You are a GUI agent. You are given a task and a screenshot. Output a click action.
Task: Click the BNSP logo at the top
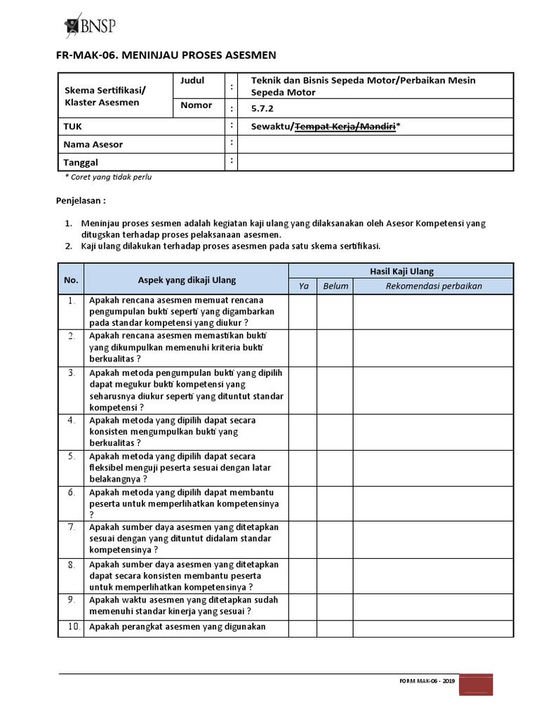point(89,25)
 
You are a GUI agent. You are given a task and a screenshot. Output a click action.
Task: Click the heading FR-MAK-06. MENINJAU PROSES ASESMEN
point(166,55)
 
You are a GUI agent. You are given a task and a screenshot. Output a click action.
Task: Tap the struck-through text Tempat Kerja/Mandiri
point(344,126)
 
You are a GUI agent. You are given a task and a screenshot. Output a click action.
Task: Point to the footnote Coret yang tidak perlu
point(108,177)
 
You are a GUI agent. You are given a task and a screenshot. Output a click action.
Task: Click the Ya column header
point(303,286)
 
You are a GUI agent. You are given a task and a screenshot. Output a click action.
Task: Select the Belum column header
point(335,286)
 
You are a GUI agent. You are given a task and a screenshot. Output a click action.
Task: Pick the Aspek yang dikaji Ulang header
point(187,279)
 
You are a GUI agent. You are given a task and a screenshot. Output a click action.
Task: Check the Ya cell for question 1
point(303,311)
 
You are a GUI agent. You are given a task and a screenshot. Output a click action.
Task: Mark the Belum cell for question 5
point(335,468)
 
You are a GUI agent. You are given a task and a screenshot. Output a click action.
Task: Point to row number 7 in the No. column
point(71,527)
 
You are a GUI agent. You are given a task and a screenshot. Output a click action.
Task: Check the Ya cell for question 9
point(303,606)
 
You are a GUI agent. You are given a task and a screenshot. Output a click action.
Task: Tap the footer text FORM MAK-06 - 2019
point(427,681)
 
